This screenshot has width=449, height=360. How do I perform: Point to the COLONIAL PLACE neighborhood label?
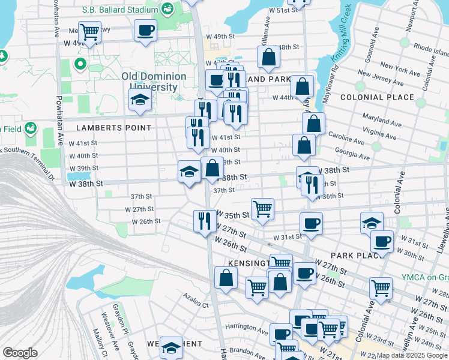click(377, 97)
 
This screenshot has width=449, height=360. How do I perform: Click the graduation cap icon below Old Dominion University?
click(139, 101)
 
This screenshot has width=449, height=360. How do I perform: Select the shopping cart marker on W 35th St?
click(262, 209)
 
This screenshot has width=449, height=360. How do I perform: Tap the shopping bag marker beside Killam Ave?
click(269, 56)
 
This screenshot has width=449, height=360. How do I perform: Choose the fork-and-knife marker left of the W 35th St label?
click(205, 220)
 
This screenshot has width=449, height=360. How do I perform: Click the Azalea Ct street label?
click(196, 305)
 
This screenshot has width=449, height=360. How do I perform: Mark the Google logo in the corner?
click(20, 353)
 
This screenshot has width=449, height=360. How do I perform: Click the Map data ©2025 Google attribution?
click(411, 355)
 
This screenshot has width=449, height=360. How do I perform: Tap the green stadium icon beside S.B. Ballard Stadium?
click(167, 8)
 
